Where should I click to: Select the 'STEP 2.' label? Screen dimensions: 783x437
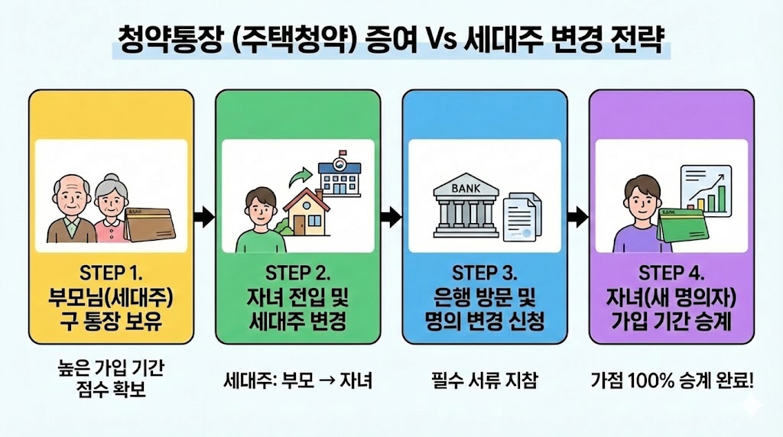click(297, 274)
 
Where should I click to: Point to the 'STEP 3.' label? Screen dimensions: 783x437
click(484, 274)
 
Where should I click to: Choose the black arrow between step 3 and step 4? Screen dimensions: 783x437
click(577, 217)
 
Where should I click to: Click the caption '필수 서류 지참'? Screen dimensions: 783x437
click(484, 380)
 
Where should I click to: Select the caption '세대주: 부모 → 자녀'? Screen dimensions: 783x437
click(297, 380)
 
